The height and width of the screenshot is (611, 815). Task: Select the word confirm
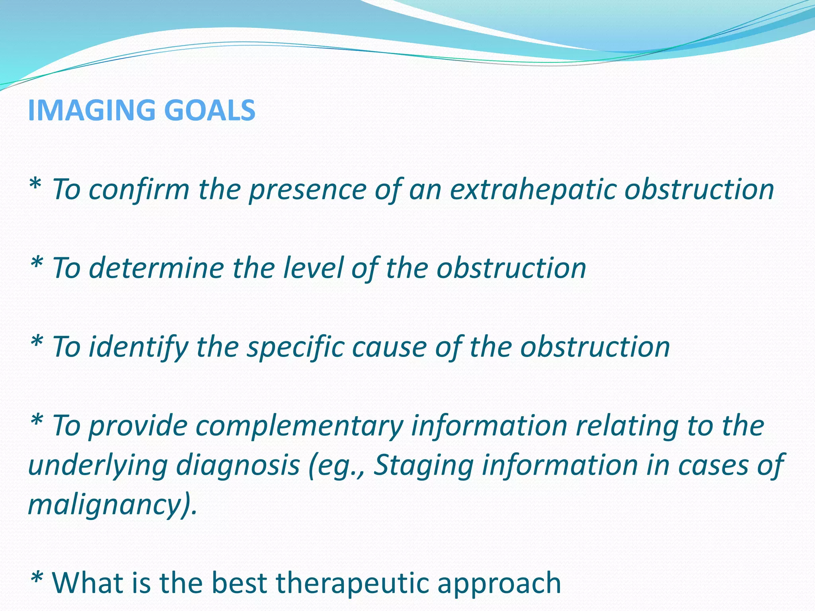[139, 189]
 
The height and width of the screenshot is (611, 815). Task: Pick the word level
[313, 268]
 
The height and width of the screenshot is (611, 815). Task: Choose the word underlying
[97, 466]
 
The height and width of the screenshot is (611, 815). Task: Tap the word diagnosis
[238, 466]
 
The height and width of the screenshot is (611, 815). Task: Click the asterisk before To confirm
[35, 185]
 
